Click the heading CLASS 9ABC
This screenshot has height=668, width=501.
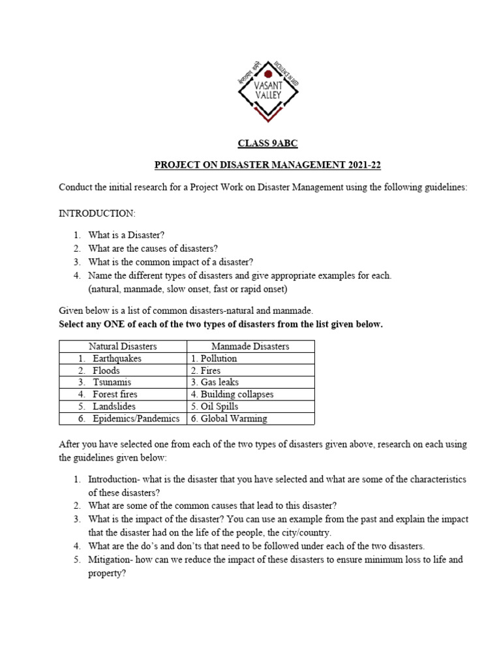[x=267, y=144]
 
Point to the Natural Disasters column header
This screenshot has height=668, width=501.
[x=123, y=346]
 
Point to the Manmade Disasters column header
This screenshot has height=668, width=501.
[x=250, y=346]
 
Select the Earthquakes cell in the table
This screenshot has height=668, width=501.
[x=117, y=359]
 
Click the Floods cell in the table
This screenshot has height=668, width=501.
[x=106, y=371]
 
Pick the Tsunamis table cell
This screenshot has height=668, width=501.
[x=111, y=382]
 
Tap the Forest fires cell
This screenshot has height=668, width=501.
[x=115, y=395]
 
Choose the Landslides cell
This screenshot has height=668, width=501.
[x=114, y=406]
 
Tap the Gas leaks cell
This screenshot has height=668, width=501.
[x=215, y=382]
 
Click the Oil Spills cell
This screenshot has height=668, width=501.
[x=214, y=406]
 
